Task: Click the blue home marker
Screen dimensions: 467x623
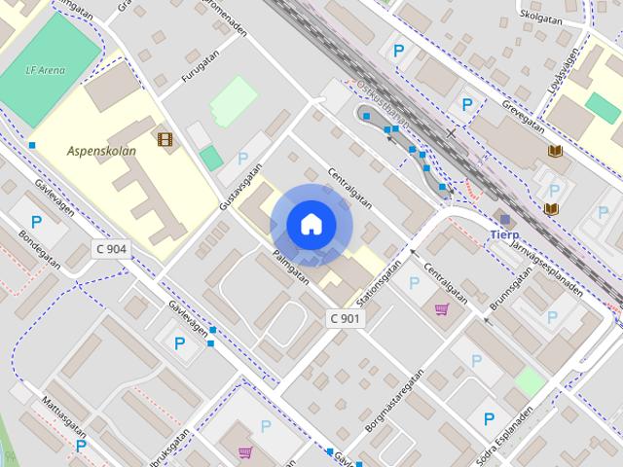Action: click(x=311, y=224)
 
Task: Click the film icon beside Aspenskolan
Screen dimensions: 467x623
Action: click(x=165, y=139)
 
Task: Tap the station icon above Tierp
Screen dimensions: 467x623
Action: click(x=504, y=218)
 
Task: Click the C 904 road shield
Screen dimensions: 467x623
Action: click(x=111, y=249)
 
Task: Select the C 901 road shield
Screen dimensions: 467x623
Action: click(x=345, y=318)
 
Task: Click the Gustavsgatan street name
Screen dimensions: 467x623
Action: click(x=242, y=186)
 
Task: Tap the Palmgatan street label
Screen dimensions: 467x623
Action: click(x=291, y=266)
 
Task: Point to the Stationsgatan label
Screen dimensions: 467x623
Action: click(x=379, y=281)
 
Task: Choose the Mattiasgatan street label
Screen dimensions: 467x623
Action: click(x=63, y=415)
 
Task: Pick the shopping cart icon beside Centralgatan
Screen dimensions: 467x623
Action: click(x=442, y=310)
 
